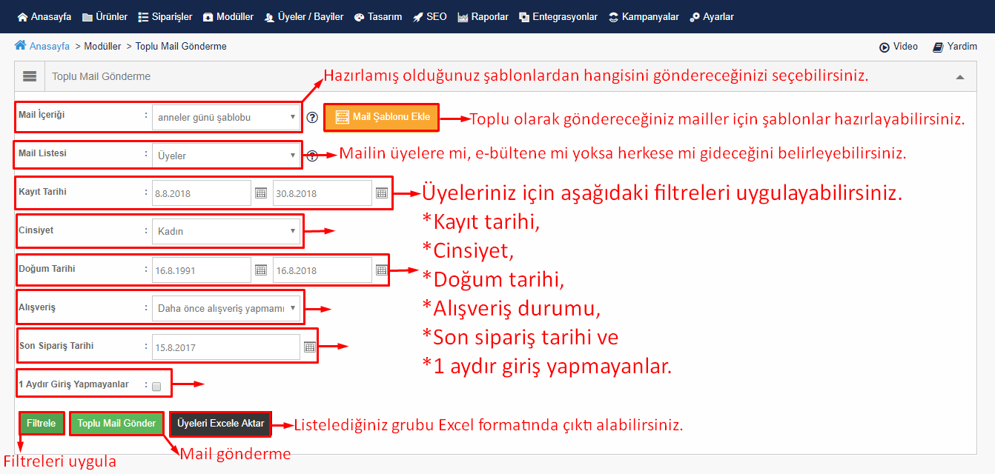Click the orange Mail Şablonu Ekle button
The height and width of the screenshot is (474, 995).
pyautogui.click(x=382, y=117)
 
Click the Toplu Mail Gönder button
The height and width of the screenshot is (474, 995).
pyautogui.click(x=116, y=424)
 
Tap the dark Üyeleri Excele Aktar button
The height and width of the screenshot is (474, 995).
pyautogui.click(x=220, y=424)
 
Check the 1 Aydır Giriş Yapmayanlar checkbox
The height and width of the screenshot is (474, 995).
pyautogui.click(x=156, y=386)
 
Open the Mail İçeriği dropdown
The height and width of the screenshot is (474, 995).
pyautogui.click(x=225, y=117)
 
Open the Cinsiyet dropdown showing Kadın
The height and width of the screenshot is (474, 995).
pyautogui.click(x=225, y=231)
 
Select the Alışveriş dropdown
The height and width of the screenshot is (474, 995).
pyautogui.click(x=225, y=308)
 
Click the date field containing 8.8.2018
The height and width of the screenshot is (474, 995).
pyautogui.click(x=201, y=193)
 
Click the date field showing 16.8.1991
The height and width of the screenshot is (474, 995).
pyautogui.click(x=201, y=270)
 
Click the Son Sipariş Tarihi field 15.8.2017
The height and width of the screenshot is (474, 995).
pyautogui.click(x=225, y=347)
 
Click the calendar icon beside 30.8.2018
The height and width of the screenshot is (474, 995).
pyautogui.click(x=382, y=193)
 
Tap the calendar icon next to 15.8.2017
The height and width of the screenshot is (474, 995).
pyautogui.click(x=310, y=347)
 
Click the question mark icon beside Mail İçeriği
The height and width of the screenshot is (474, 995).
pyautogui.click(x=312, y=117)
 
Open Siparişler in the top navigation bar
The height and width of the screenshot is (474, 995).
pyautogui.click(x=165, y=17)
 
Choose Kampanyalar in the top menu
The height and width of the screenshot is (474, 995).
pyautogui.click(x=644, y=17)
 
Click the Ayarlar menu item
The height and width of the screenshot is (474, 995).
pyautogui.click(x=712, y=17)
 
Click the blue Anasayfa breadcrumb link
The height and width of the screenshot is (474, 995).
pyautogui.click(x=50, y=46)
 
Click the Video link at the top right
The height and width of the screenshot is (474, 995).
pyautogui.click(x=899, y=47)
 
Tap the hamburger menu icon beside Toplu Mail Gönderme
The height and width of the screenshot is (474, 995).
pyautogui.click(x=30, y=76)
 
